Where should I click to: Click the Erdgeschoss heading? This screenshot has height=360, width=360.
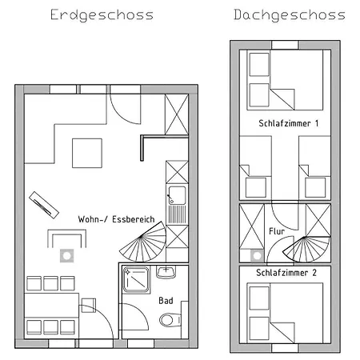[x=101, y=15]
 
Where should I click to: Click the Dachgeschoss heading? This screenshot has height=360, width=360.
[x=290, y=15]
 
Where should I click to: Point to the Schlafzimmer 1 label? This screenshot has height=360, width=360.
[x=289, y=124]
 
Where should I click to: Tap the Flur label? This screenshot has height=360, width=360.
[x=277, y=231]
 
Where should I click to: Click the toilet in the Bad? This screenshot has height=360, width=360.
[x=168, y=320]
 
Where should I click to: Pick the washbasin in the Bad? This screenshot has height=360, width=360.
[x=166, y=272]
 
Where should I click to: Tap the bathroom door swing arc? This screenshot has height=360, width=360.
[x=136, y=321]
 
